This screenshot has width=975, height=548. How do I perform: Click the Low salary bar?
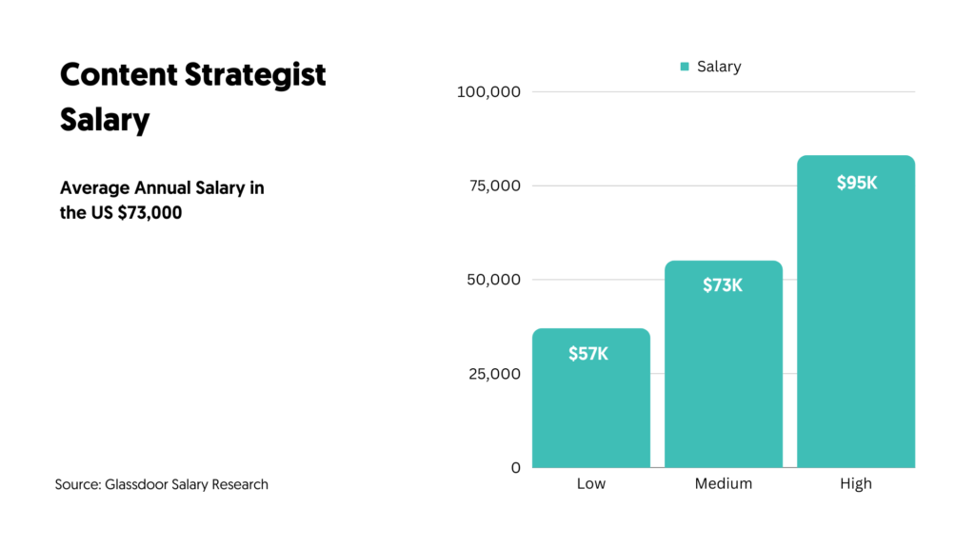[x=590, y=409]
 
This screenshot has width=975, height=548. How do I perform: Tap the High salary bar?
[x=855, y=323]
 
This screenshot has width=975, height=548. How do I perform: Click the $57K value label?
[x=588, y=354]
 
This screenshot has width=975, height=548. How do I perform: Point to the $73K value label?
[x=723, y=284]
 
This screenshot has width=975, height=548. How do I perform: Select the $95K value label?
[x=856, y=183]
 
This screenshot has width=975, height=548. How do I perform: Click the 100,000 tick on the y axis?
[x=488, y=91]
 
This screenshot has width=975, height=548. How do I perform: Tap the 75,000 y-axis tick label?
[x=496, y=186]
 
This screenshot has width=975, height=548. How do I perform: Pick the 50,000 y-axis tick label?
[x=496, y=280]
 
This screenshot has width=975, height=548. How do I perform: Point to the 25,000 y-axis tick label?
[x=496, y=373]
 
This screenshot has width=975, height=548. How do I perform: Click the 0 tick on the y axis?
[x=516, y=467]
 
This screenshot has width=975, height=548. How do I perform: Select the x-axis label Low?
[x=590, y=483]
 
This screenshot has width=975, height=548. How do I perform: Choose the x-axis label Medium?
[x=723, y=483]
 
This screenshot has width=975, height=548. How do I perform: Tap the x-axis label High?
[x=856, y=483]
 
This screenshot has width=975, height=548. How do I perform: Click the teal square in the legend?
[x=685, y=67]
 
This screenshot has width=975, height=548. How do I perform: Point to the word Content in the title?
[x=114, y=75]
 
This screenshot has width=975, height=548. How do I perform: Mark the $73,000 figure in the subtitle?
[x=149, y=212]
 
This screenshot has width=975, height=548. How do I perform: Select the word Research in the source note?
[x=238, y=484]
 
